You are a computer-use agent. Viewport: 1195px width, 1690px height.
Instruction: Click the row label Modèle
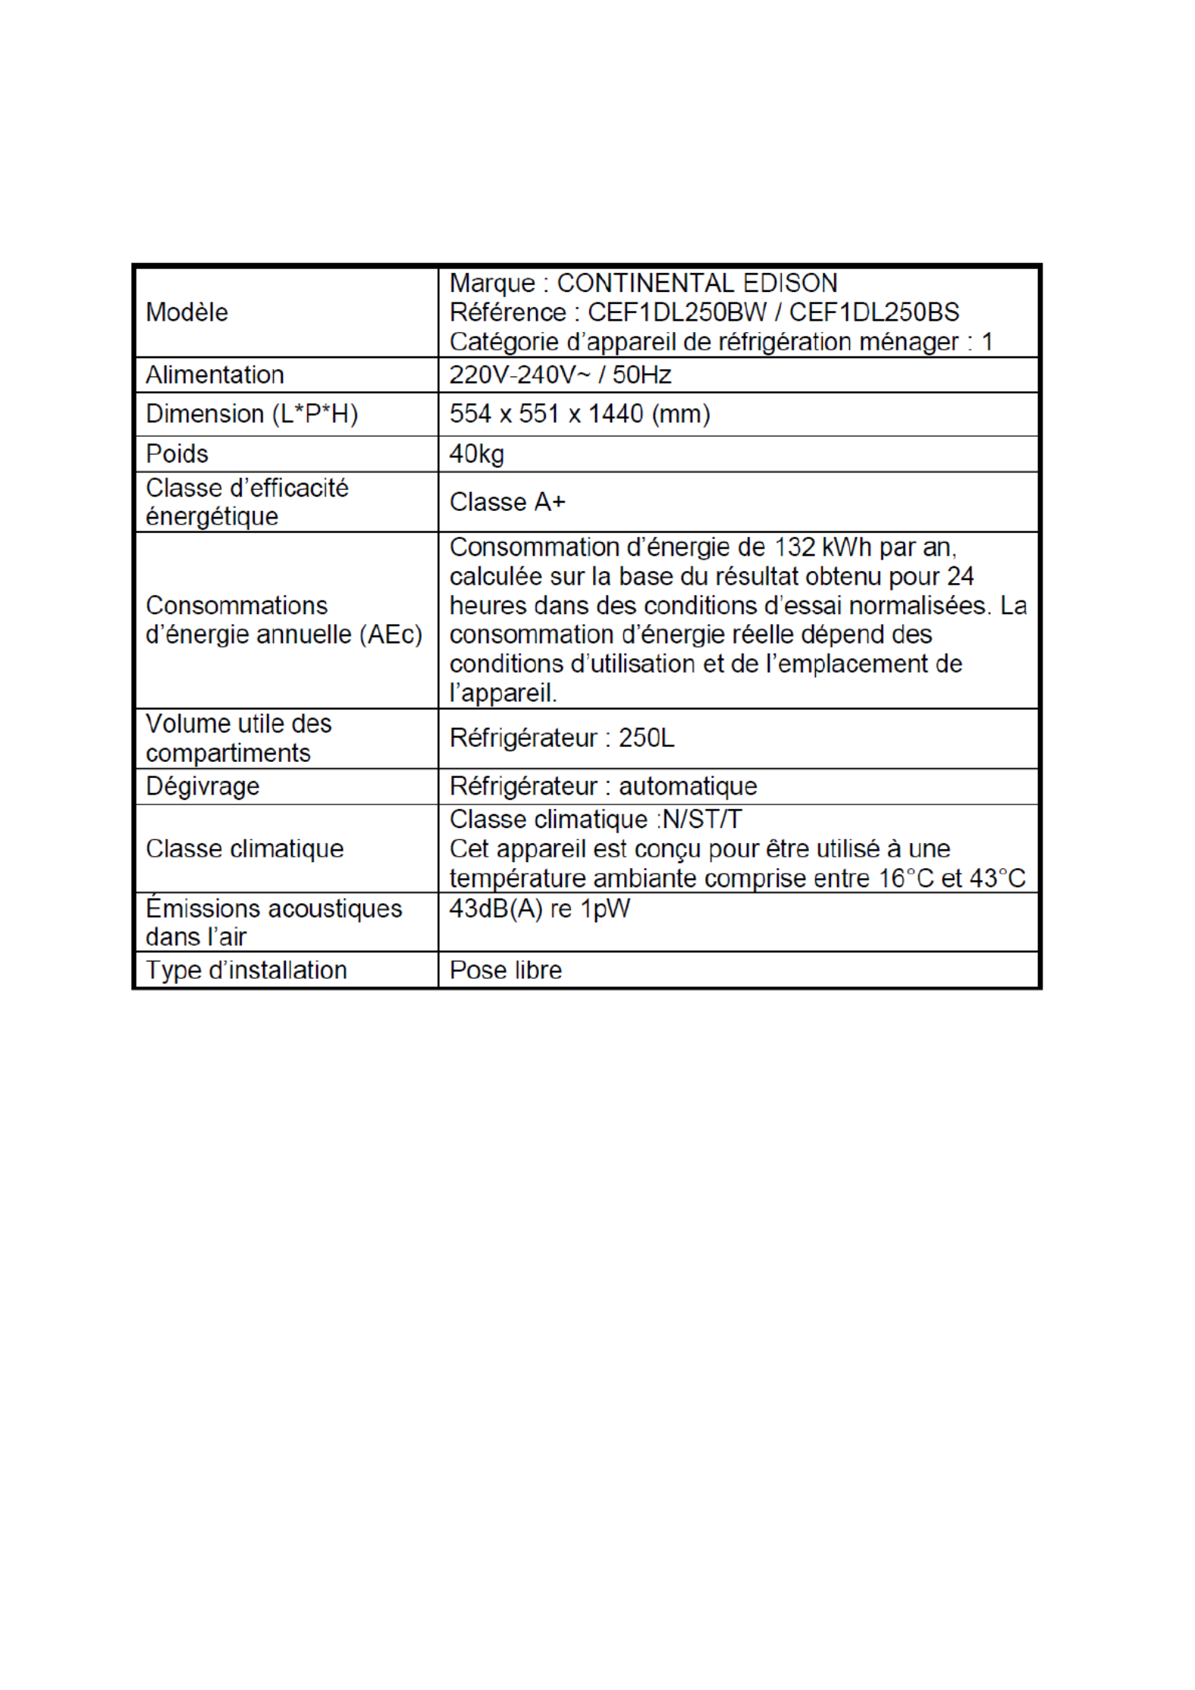tap(187, 312)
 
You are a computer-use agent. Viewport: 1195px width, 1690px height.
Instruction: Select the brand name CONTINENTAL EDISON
tap(697, 284)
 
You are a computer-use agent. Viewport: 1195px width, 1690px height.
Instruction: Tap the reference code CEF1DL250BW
tap(677, 312)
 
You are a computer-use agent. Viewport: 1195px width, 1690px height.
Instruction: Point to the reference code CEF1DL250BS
tap(874, 312)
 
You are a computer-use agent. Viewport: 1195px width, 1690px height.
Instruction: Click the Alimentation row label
tap(215, 375)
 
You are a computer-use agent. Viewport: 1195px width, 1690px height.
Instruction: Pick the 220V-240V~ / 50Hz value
tap(560, 375)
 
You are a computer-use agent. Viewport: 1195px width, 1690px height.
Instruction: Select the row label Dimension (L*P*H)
tap(251, 414)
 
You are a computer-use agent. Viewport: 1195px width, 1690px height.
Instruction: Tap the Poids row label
tap(177, 453)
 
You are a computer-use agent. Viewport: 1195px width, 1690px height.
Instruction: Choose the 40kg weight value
tap(476, 453)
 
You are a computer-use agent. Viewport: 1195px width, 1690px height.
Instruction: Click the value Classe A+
tap(507, 502)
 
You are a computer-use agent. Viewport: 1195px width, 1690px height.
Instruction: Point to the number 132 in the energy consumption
tap(794, 547)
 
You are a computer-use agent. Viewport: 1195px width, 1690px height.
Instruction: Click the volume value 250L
tap(646, 738)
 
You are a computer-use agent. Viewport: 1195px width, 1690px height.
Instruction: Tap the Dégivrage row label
tap(202, 786)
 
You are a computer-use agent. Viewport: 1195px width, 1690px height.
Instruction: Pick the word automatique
tap(688, 786)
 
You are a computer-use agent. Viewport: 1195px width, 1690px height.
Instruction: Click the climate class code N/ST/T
tap(701, 820)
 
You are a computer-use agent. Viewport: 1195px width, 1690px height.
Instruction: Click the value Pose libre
tap(506, 970)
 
